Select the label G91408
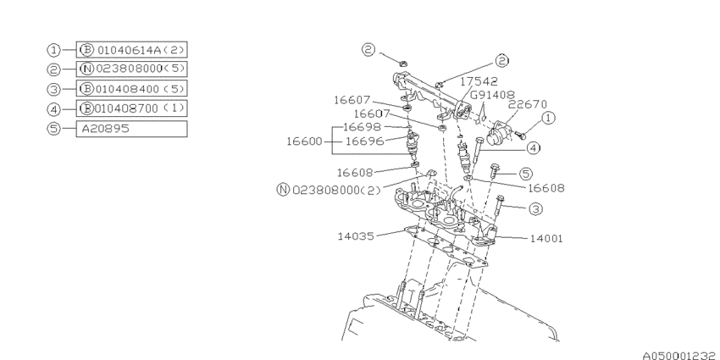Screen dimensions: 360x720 [493, 96]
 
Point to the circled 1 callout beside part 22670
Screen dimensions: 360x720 [549, 119]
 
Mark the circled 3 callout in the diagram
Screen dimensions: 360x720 [536, 208]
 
